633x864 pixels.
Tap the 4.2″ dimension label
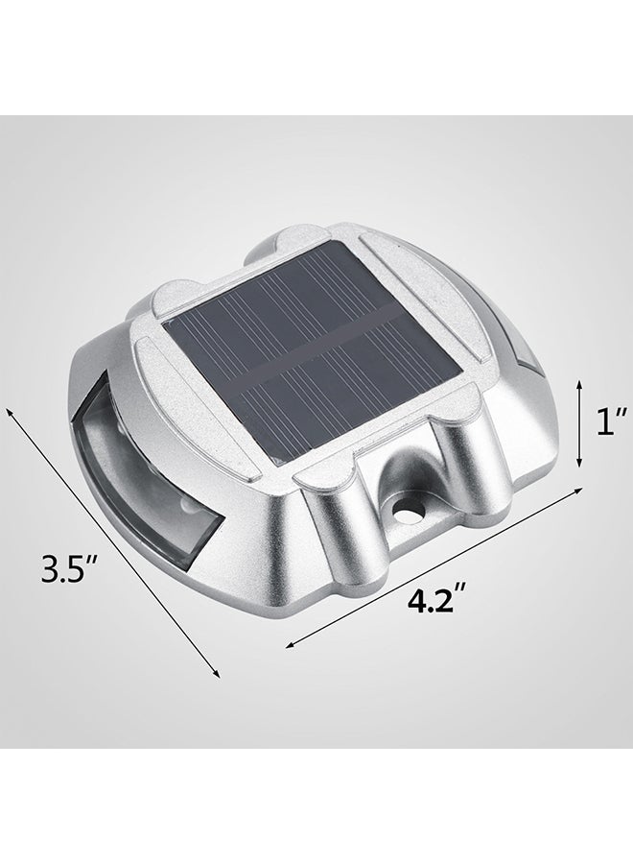pos(429,603)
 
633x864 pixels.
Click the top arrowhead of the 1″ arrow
pos(578,380)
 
